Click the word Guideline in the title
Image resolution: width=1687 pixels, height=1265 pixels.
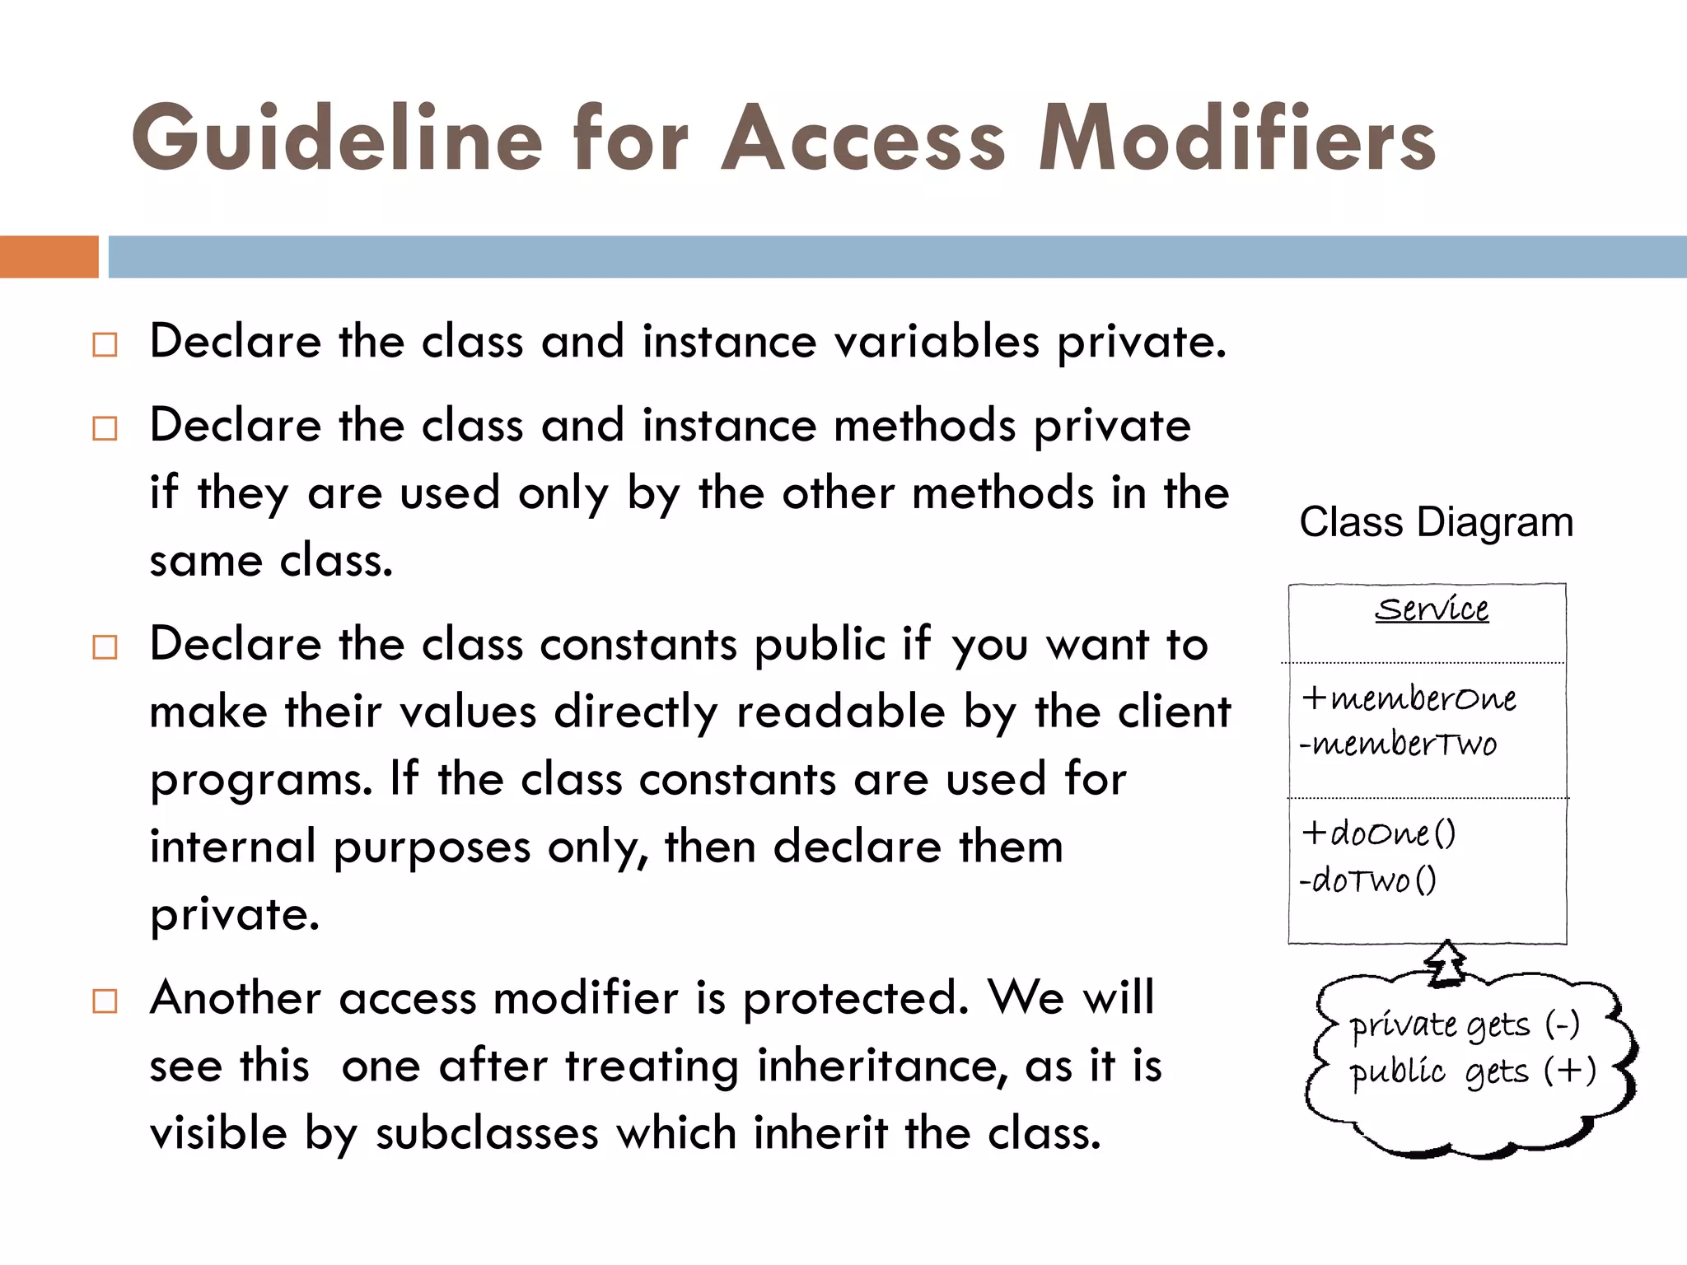click(x=337, y=138)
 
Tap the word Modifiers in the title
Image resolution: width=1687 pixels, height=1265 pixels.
click(x=1236, y=138)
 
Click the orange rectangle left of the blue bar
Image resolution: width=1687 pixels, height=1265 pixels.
click(x=49, y=257)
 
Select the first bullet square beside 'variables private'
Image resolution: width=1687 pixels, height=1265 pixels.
click(x=105, y=344)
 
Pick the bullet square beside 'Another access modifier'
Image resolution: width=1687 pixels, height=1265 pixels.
click(x=105, y=1001)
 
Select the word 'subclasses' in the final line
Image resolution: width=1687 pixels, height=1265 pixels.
click(x=487, y=1133)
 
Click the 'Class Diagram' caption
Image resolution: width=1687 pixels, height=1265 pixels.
click(x=1436, y=522)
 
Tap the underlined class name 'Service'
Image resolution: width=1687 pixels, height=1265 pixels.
click(x=1432, y=609)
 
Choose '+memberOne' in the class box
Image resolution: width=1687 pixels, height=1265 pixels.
click(x=1409, y=698)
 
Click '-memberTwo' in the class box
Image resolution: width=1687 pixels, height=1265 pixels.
click(x=1398, y=745)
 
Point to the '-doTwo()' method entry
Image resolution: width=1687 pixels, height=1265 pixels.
click(x=1368, y=880)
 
